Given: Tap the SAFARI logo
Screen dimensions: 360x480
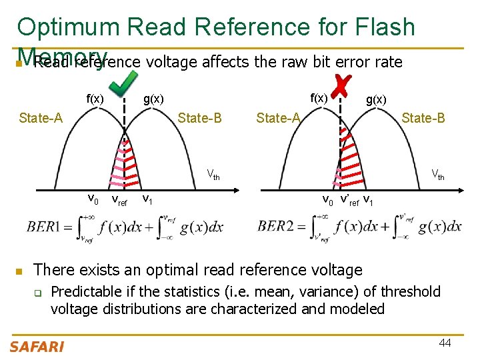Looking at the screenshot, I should [37, 346].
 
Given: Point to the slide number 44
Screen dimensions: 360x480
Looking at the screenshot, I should [446, 343].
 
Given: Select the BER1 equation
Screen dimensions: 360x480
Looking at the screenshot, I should [125, 227].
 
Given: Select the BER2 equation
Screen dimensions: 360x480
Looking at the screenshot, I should [359, 227].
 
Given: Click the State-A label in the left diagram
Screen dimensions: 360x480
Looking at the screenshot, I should [41, 118].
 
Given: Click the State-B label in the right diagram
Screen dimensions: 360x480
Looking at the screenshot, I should [423, 118].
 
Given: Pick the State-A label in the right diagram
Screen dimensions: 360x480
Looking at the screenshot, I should [278, 118].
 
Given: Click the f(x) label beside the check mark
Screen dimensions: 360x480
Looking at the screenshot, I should [95, 99].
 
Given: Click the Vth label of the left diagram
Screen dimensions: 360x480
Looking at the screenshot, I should [213, 176].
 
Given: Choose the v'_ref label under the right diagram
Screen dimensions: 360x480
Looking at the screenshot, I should [349, 199].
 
